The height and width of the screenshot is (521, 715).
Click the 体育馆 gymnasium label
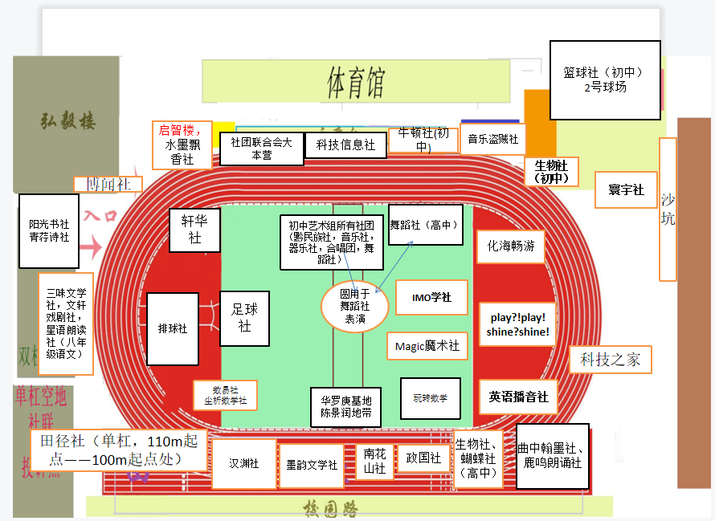355,81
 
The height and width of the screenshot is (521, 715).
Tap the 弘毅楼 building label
68,121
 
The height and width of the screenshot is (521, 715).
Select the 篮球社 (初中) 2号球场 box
605,79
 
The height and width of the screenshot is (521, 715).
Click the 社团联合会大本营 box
261,149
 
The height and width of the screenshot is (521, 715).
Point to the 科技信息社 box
345,144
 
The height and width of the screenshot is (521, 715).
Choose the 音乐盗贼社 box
493,139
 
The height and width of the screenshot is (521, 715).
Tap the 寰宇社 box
626,190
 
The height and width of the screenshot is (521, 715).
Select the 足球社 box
244,318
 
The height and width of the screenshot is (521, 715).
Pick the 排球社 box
173,328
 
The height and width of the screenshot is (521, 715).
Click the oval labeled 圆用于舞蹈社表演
354,306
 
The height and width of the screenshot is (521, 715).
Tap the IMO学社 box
431,298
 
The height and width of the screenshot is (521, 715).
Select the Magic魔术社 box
427,346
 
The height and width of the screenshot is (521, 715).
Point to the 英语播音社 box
518,397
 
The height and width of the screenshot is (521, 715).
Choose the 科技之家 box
610,360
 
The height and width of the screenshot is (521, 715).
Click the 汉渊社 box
244,463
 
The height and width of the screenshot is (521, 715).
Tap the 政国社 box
423,458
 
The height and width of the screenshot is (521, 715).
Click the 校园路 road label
330,509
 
